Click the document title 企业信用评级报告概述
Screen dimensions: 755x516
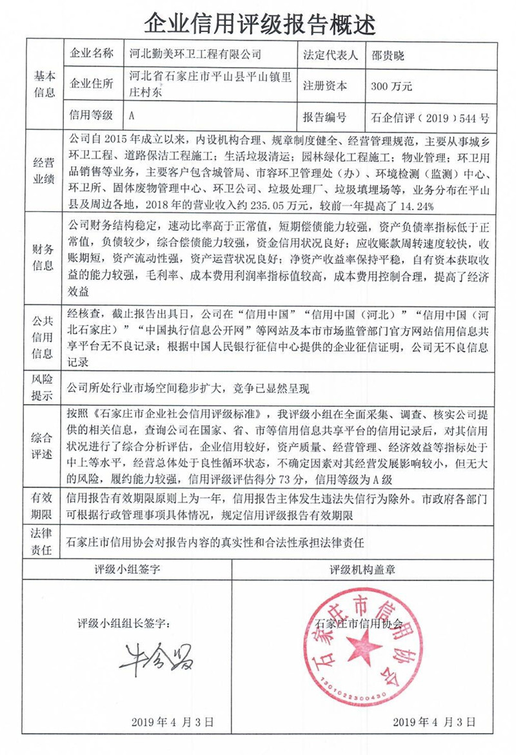point(258,24)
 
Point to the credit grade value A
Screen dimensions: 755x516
point(132,117)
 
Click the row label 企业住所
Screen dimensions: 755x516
point(91,85)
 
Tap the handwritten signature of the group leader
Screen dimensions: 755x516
point(155,657)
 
